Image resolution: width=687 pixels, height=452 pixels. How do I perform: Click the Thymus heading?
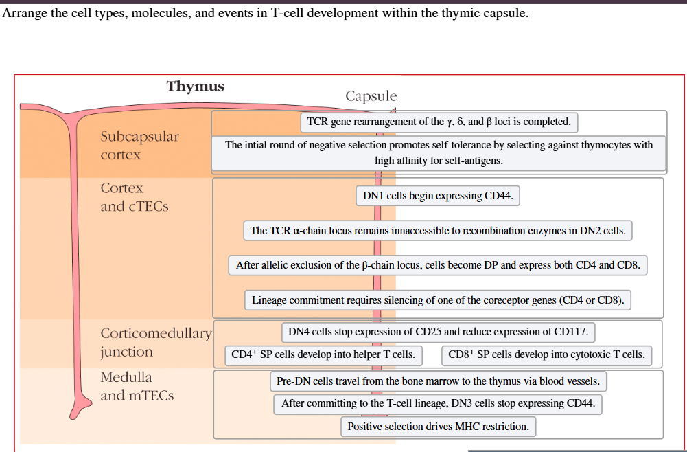tap(195, 87)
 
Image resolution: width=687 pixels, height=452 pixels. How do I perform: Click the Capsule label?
tap(371, 96)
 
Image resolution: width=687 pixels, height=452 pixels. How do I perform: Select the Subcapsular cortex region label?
tap(139, 146)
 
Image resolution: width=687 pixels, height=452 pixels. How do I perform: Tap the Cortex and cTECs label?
tap(134, 197)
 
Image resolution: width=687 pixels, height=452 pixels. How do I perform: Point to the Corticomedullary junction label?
tap(156, 343)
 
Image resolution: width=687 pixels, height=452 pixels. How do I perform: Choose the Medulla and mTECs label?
tap(137, 386)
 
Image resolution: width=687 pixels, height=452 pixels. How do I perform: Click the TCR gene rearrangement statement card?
tap(439, 122)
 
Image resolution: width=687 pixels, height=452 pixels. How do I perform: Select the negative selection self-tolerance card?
tap(439, 152)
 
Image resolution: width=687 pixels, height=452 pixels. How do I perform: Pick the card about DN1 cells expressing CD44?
tap(437, 196)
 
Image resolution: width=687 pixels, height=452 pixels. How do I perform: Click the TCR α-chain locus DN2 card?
tap(437, 231)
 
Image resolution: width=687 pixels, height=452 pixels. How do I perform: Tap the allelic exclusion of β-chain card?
tap(437, 265)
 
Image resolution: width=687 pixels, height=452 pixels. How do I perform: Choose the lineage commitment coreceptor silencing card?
tap(437, 300)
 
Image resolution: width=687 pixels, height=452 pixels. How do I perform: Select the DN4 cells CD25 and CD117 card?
tap(438, 332)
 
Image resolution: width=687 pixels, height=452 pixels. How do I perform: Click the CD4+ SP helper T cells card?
tap(323, 355)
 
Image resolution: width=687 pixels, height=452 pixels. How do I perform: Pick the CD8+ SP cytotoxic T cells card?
tap(546, 355)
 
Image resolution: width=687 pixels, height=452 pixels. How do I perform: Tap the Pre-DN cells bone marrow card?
tap(438, 381)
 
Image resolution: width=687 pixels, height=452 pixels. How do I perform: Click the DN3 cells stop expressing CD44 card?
tap(438, 404)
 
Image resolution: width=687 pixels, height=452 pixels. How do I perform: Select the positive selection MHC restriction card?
tap(438, 427)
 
